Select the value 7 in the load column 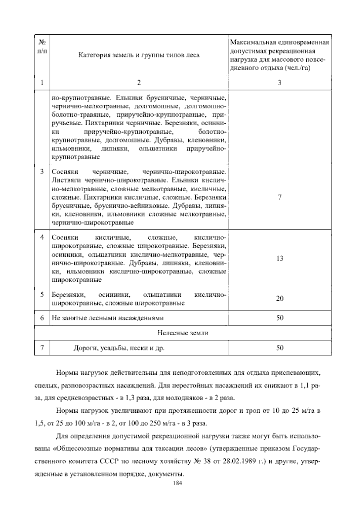click(279, 197)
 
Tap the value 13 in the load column click(279, 258)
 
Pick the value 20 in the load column click(279, 298)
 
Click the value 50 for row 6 click(279, 318)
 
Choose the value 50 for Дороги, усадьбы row click(279, 348)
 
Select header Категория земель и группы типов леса click(139, 55)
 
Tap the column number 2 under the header click(139, 82)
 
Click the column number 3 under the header click(279, 82)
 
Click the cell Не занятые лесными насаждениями click(108, 318)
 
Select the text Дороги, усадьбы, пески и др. click(119, 348)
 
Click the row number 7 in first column click(42, 348)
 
